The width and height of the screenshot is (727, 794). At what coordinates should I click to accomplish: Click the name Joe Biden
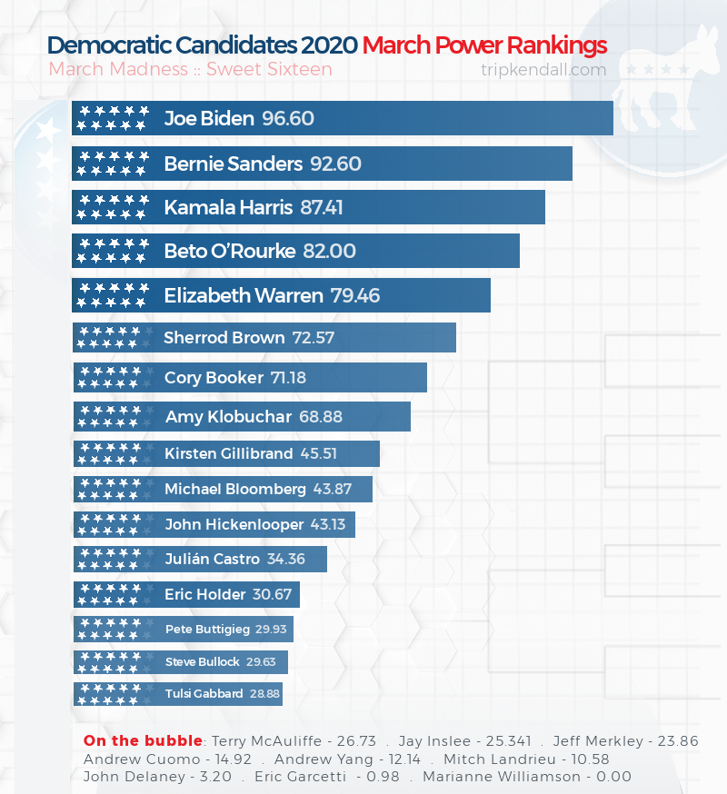(209, 119)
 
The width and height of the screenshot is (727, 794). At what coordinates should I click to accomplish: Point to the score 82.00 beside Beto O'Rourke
(329, 252)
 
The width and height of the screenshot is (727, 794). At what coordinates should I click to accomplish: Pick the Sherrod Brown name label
(224, 338)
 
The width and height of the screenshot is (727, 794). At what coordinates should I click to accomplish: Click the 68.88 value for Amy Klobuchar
(321, 417)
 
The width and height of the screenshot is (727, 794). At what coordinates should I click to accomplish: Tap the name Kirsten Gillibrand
(228, 453)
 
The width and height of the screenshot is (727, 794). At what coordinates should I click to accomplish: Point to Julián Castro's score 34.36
(285, 559)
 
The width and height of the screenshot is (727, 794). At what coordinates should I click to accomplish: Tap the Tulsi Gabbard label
(204, 693)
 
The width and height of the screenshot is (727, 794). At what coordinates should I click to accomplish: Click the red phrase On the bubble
(144, 741)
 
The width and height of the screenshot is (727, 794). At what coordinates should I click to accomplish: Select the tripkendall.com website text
(543, 69)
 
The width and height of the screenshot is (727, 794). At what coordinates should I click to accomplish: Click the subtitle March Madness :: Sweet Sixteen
(190, 69)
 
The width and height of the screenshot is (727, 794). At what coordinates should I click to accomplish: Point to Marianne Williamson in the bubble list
(528, 777)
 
